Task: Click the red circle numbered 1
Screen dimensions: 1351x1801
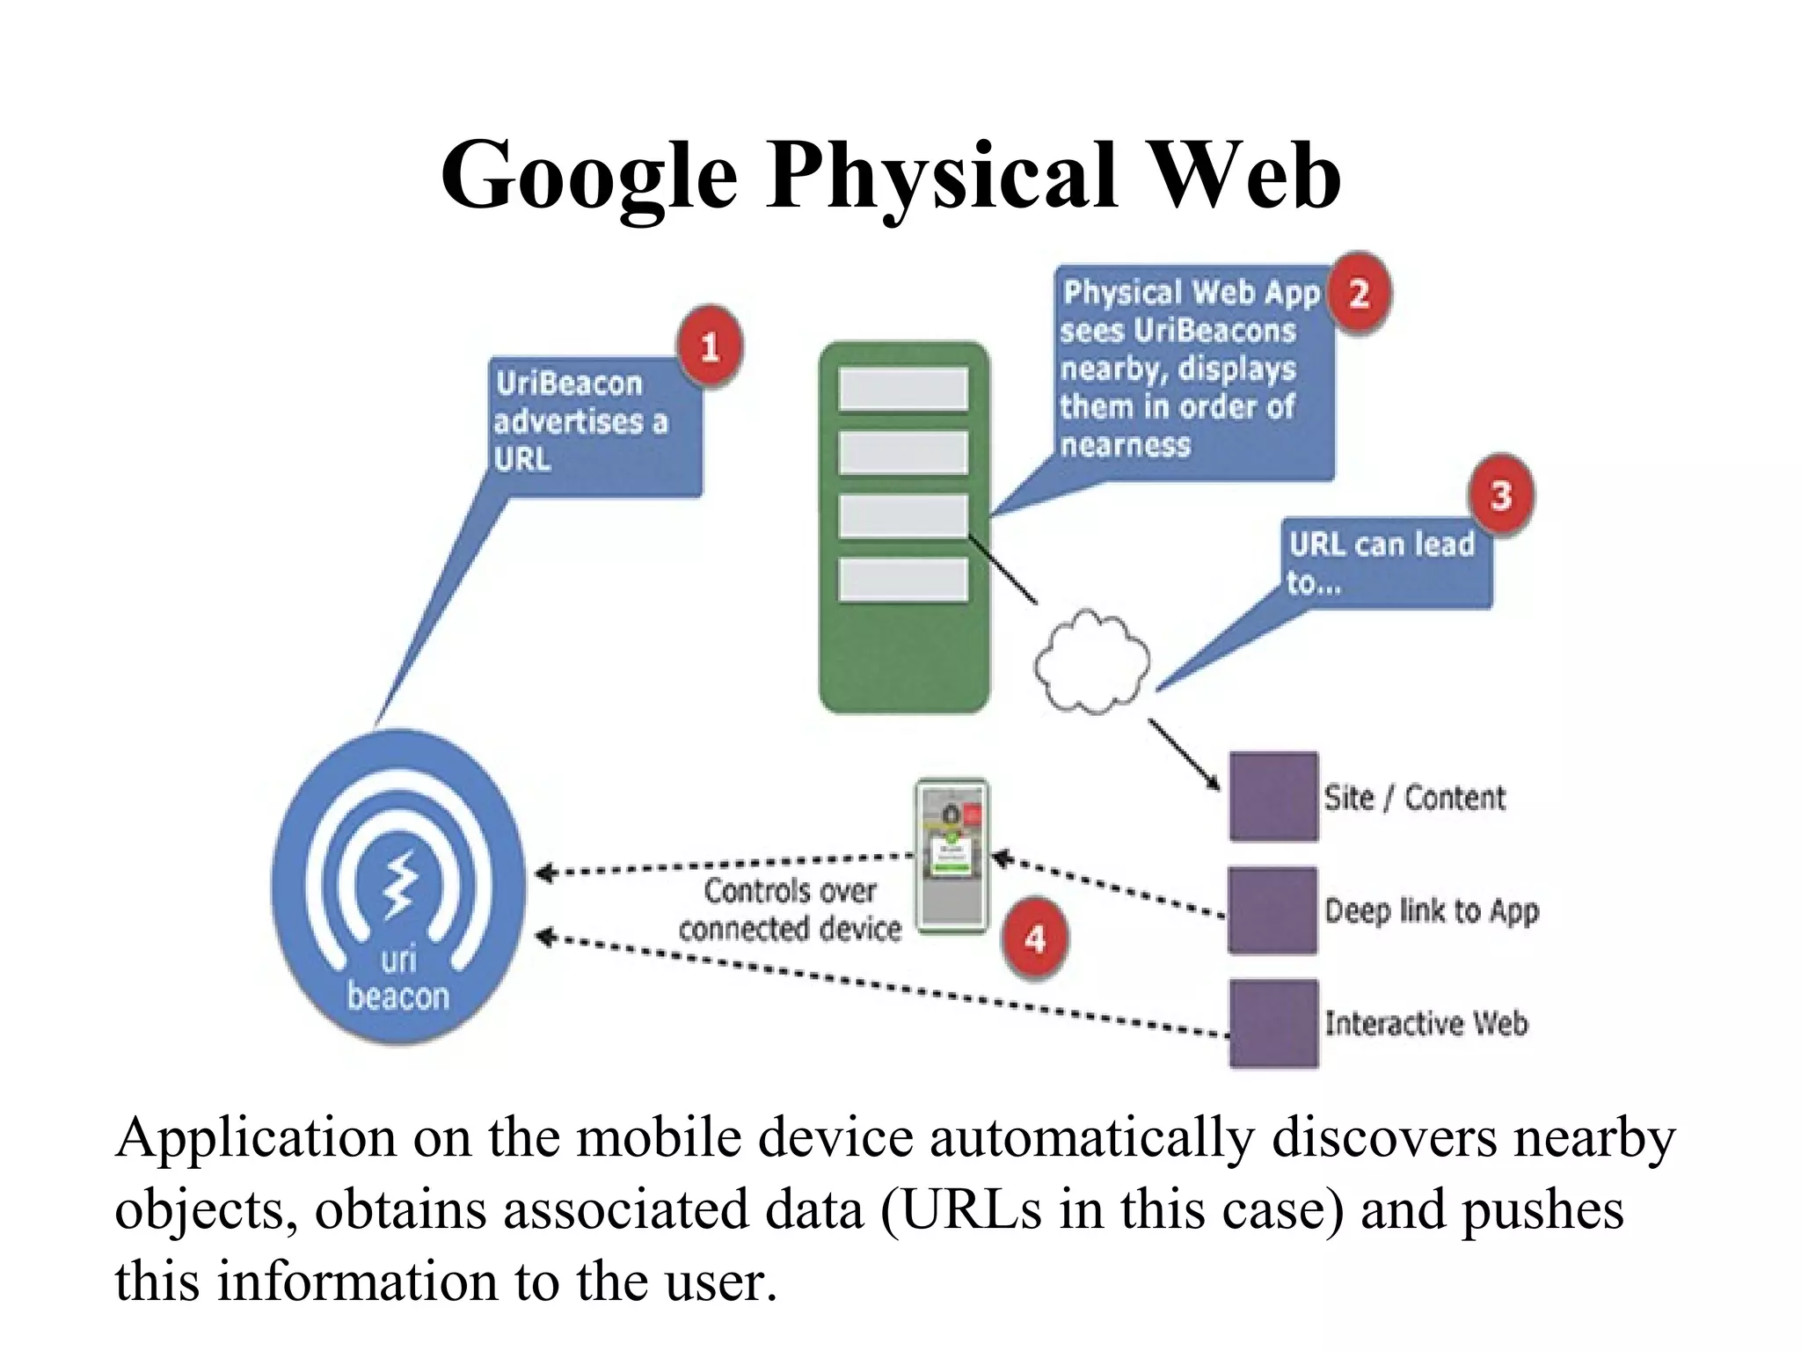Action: (x=710, y=347)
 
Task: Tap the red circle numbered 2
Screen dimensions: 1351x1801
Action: (x=1359, y=294)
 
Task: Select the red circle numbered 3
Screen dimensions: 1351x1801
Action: (x=1501, y=495)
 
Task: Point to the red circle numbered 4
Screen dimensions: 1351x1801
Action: (x=1036, y=938)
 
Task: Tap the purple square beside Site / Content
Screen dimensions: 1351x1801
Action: (x=1272, y=797)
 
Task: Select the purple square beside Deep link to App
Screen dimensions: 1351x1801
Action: (x=1272, y=910)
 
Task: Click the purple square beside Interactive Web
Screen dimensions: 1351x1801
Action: (x=1272, y=1023)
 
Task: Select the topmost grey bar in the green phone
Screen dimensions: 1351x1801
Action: (x=903, y=389)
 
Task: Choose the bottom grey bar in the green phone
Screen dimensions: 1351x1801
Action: (x=903, y=581)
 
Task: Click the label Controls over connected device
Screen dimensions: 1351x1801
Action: (x=790, y=909)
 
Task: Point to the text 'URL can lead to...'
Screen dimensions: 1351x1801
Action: (x=1381, y=562)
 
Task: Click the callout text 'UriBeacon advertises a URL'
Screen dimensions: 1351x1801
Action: (x=580, y=421)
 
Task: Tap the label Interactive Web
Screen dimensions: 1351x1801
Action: (x=1426, y=1023)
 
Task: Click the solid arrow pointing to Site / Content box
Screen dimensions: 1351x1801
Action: (x=1184, y=754)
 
